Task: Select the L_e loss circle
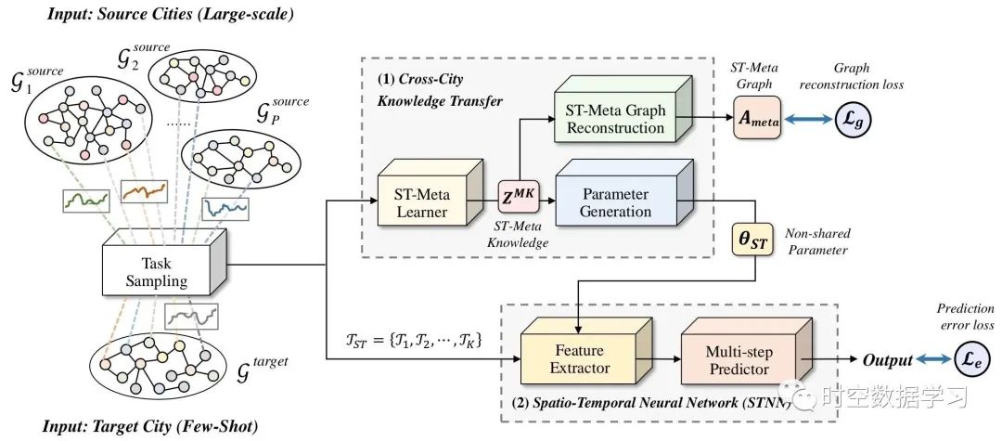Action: click(973, 360)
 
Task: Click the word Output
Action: click(886, 360)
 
